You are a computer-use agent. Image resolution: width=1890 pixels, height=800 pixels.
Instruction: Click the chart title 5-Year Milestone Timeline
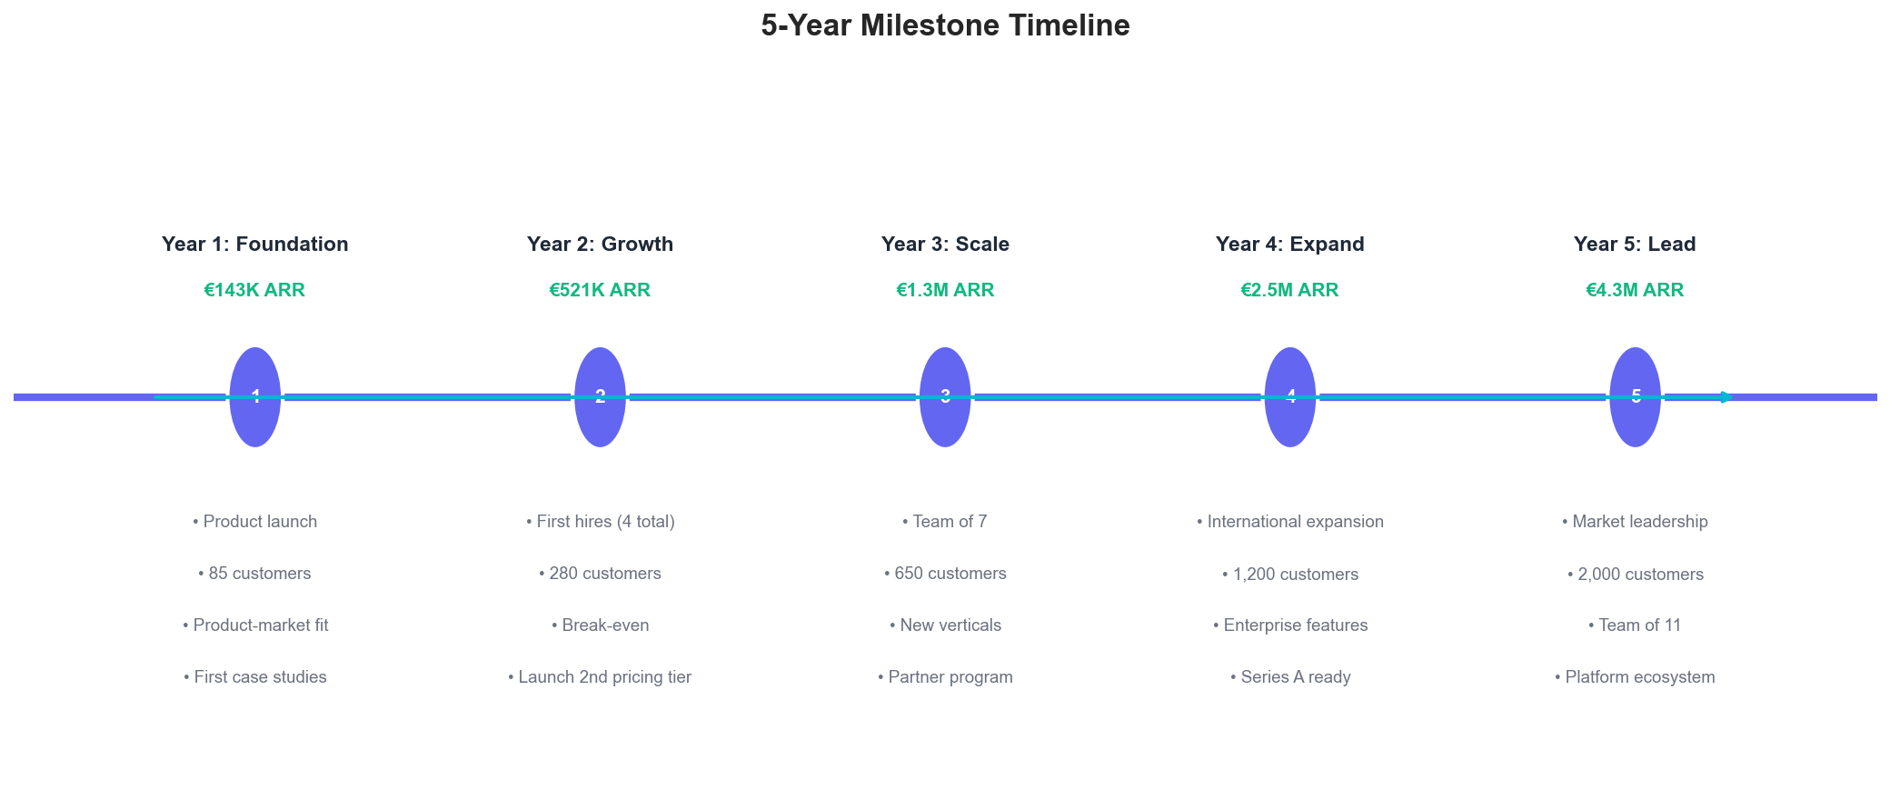tap(945, 25)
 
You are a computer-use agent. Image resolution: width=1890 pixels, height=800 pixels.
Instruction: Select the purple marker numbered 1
tap(255, 397)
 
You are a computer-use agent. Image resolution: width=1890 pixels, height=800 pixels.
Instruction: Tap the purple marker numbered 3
tap(945, 397)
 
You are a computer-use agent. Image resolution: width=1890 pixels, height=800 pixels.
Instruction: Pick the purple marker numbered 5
tap(1636, 397)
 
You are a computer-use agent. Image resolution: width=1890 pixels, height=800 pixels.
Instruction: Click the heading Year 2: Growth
tap(600, 244)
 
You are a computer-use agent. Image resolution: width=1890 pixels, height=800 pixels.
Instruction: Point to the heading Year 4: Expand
tap(1290, 244)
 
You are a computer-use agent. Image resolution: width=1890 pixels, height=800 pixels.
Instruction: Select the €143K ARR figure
tap(254, 290)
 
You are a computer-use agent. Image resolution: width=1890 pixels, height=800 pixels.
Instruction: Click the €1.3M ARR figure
tap(945, 290)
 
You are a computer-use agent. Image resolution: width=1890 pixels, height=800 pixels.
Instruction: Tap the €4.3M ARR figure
tap(1635, 290)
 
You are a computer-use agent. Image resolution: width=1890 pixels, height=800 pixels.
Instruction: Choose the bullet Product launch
tap(255, 522)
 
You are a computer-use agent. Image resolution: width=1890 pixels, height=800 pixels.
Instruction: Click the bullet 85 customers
tap(254, 574)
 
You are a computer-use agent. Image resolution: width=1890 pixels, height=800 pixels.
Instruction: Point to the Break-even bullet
tap(601, 625)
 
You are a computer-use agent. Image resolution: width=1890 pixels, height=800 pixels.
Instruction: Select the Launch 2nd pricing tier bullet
tap(600, 677)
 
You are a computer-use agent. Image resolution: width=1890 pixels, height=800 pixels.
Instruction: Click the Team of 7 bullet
tap(945, 522)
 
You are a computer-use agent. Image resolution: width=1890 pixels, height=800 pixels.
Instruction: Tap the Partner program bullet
tap(945, 677)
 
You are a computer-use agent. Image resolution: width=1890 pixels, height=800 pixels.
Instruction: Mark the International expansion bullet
tap(1290, 522)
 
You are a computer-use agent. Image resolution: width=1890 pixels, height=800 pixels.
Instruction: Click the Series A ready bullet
tap(1290, 677)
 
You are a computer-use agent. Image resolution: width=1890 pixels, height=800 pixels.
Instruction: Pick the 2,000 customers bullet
tap(1636, 575)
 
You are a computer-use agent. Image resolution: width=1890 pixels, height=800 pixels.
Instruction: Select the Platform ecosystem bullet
tap(1635, 677)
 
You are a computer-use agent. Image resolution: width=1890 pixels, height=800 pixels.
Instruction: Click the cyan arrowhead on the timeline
tap(1727, 397)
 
